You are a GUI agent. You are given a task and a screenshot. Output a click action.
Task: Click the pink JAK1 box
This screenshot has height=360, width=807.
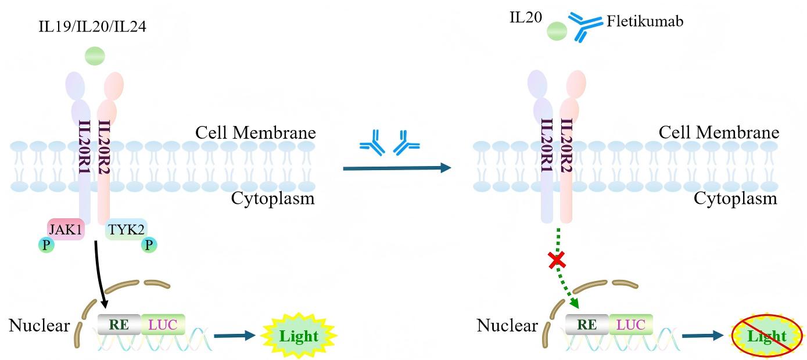click(x=66, y=229)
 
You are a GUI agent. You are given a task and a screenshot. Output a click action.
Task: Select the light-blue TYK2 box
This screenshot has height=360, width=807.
click(x=126, y=229)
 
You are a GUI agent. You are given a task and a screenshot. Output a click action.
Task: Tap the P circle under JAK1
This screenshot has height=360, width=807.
click(x=46, y=245)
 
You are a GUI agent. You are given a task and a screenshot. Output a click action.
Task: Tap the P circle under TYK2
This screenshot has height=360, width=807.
click(x=149, y=245)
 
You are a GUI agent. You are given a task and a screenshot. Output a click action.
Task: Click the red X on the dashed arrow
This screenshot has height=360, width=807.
click(x=557, y=260)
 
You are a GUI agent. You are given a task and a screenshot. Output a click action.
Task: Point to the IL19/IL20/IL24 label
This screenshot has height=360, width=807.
click(x=92, y=27)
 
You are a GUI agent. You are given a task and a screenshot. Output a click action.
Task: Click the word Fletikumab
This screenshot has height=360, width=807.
click(x=645, y=21)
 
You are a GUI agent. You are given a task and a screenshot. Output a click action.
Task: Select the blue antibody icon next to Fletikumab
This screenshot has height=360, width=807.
click(x=585, y=27)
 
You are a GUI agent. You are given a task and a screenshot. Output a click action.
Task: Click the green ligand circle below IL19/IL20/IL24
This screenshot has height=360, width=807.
click(x=95, y=56)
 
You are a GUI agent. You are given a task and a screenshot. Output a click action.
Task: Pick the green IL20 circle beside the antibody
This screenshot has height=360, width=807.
click(x=557, y=31)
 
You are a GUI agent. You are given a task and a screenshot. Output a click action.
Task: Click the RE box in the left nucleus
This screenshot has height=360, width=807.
click(x=119, y=325)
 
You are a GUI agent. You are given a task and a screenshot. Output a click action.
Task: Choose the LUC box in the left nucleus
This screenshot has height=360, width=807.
click(x=163, y=325)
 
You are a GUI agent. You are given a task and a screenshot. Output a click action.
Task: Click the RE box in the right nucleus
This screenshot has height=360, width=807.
click(x=587, y=325)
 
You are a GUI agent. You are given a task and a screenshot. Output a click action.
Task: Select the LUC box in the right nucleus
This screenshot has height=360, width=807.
click(x=631, y=325)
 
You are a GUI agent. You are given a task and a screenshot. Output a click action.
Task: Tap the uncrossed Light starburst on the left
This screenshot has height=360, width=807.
click(x=299, y=336)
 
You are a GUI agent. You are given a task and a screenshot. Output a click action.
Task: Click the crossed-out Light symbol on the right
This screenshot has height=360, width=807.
click(x=767, y=336)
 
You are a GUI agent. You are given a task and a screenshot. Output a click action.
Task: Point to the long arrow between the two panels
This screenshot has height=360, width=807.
click(x=397, y=168)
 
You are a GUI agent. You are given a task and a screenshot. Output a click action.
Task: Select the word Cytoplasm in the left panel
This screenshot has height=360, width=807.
click(x=272, y=199)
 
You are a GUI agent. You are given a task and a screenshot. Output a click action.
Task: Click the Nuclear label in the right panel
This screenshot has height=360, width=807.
click(x=507, y=325)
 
